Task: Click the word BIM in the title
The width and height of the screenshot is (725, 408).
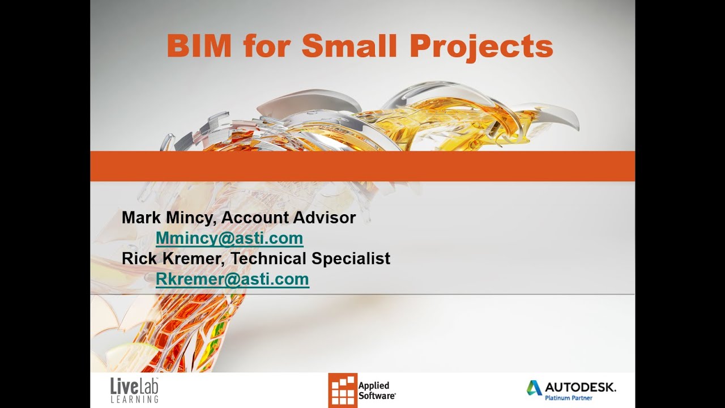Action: [199, 46]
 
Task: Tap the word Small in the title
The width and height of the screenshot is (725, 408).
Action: [349, 46]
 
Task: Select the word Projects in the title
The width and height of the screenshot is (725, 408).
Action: [481, 47]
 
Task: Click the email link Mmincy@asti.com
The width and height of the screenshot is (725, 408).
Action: [229, 239]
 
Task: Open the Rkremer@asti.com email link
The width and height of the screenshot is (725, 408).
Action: [232, 279]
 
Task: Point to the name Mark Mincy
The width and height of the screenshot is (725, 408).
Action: [168, 218]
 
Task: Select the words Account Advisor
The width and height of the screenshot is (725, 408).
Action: [288, 218]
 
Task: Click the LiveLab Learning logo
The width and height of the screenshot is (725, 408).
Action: [134, 390]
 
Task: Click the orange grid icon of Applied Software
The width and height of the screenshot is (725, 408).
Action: [343, 390]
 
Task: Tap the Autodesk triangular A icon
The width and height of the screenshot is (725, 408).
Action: [534, 388]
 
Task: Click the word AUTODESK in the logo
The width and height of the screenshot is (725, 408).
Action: [580, 388]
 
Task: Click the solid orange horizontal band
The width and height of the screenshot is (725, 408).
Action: [362, 166]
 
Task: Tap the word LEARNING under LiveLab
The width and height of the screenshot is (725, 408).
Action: [134, 399]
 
